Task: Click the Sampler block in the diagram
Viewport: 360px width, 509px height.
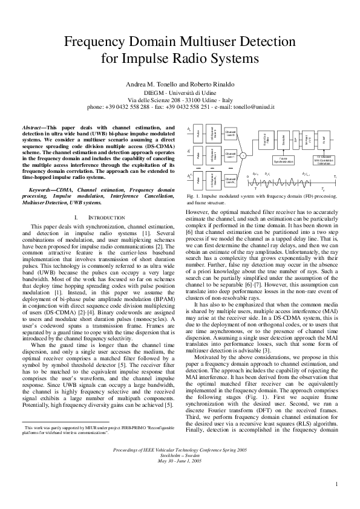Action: [x=283, y=140]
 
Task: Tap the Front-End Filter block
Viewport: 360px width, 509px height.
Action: [x=266, y=140]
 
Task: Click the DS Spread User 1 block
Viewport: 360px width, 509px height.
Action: [x=212, y=155]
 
